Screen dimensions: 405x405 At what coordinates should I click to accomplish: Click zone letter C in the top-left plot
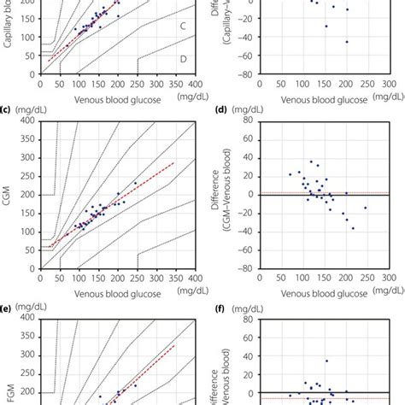183,26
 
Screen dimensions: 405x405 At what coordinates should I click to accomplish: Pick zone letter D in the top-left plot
183,58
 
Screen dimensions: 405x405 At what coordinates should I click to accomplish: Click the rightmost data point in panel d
366,208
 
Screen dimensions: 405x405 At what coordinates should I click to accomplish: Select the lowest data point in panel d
353,228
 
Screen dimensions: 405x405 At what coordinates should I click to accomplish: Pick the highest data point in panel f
326,361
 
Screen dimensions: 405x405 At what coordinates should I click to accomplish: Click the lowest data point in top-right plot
346,41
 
